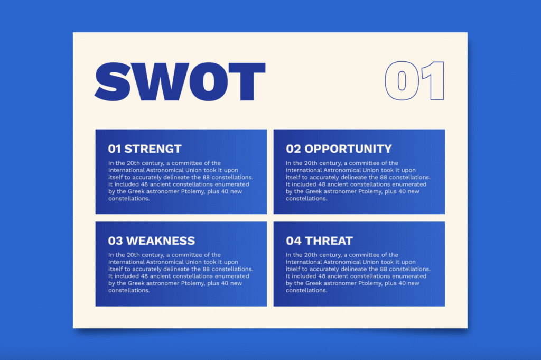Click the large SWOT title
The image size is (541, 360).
click(x=180, y=82)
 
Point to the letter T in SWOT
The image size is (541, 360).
click(x=247, y=82)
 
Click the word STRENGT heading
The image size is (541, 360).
click(x=153, y=149)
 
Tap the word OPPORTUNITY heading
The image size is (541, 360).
click(x=348, y=149)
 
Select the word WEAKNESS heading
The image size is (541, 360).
click(x=161, y=241)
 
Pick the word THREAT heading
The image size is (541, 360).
click(x=329, y=241)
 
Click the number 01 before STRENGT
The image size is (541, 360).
click(x=115, y=149)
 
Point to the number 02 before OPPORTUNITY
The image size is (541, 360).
click(x=294, y=149)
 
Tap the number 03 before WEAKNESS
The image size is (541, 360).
click(x=115, y=241)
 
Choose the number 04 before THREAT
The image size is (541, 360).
click(x=294, y=241)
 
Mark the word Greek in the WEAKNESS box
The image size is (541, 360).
click(x=136, y=283)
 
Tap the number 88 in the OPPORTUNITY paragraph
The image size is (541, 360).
click(x=384, y=178)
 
